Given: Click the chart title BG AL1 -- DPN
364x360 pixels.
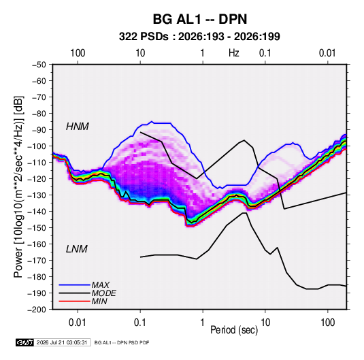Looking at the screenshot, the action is tap(200, 19).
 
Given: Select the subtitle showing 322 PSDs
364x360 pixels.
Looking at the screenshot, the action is tap(199, 37).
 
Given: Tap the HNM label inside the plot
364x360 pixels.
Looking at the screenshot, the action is tap(78, 127).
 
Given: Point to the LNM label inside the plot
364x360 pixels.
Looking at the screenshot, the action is tap(77, 249).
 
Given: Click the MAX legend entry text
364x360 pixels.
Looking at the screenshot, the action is tap(100, 284).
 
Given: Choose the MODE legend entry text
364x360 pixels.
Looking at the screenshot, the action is tap(103, 293).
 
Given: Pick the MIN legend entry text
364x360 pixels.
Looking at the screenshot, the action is tap(99, 301).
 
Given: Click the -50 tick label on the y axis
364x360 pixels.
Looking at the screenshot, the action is tap(39, 65).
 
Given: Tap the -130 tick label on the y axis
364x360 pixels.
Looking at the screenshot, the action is tap(37, 195).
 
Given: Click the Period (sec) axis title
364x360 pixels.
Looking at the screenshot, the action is tap(234, 330).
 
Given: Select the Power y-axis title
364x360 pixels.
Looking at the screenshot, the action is tap(18, 187).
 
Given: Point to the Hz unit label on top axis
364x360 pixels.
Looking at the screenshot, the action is tap(234, 53).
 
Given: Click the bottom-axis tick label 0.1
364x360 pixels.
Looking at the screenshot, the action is tap(139, 323).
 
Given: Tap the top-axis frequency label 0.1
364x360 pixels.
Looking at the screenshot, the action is tap(265, 53).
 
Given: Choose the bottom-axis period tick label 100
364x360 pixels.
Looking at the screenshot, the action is tap(327, 323).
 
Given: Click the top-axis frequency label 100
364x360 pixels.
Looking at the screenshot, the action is tap(78, 53).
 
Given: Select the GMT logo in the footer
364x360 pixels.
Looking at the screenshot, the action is tap(25, 342).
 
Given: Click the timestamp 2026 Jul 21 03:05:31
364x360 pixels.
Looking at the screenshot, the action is tap(62, 342).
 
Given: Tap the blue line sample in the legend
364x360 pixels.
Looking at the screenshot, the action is tap(74, 284).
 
